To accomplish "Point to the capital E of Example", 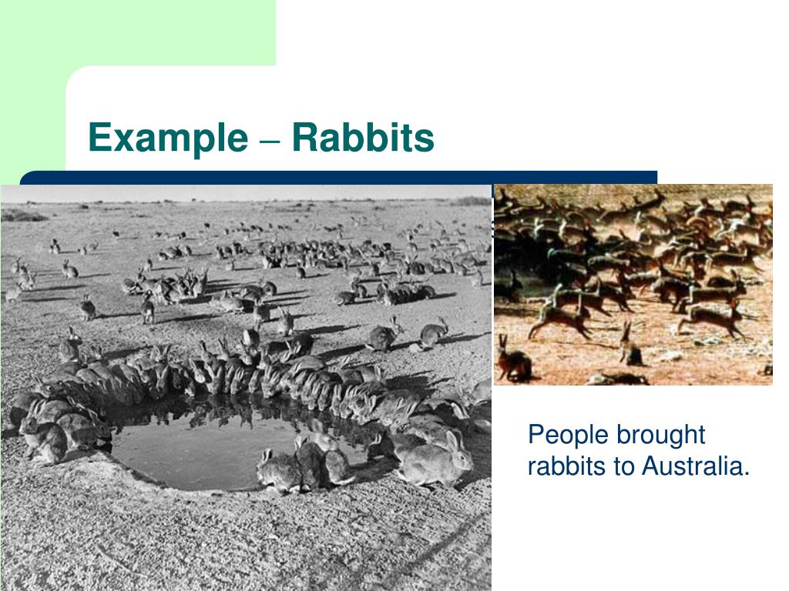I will (97, 139).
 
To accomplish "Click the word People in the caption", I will (568, 436).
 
